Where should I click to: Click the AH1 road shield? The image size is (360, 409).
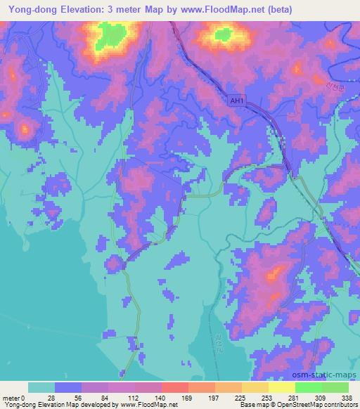pos(238,100)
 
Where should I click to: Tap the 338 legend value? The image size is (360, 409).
pos(346,396)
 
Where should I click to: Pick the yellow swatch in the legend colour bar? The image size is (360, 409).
pos(281,387)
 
